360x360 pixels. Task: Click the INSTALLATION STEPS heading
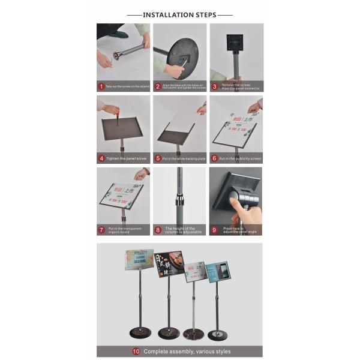coord(179,14)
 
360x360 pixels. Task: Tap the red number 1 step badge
coord(101,86)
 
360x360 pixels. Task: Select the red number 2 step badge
coord(157,86)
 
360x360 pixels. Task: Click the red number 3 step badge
coord(214,86)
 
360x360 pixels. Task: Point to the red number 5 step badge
coord(157,158)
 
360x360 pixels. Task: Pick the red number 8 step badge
coord(157,230)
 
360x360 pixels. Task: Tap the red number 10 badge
coord(136,351)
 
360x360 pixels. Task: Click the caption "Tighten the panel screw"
coord(126,158)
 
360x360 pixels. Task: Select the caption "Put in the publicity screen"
coord(240,158)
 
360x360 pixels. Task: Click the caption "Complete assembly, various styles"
coord(187,351)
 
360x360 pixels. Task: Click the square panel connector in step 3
coord(235,42)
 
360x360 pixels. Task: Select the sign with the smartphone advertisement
coord(217,272)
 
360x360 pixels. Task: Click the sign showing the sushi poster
coord(170,264)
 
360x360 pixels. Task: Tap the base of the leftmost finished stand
coord(139,332)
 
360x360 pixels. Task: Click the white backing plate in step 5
coord(180,123)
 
